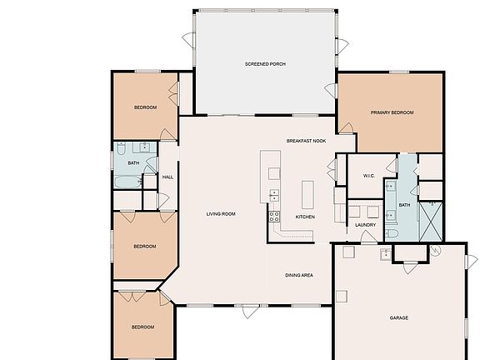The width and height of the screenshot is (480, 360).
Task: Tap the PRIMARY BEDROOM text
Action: click(392, 112)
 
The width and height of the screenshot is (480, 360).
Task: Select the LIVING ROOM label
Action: click(221, 214)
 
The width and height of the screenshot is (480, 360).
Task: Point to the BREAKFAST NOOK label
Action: click(306, 141)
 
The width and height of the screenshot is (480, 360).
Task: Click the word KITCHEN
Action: click(306, 217)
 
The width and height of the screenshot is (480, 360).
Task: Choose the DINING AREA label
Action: click(298, 275)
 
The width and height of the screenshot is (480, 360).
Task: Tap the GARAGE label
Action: click(399, 317)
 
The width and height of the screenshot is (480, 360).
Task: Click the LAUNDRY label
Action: click(365, 225)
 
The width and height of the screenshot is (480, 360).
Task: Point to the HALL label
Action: click(167, 177)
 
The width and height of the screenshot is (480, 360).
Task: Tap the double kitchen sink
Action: click(273, 195)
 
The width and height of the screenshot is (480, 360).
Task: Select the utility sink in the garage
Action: click(385, 254)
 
